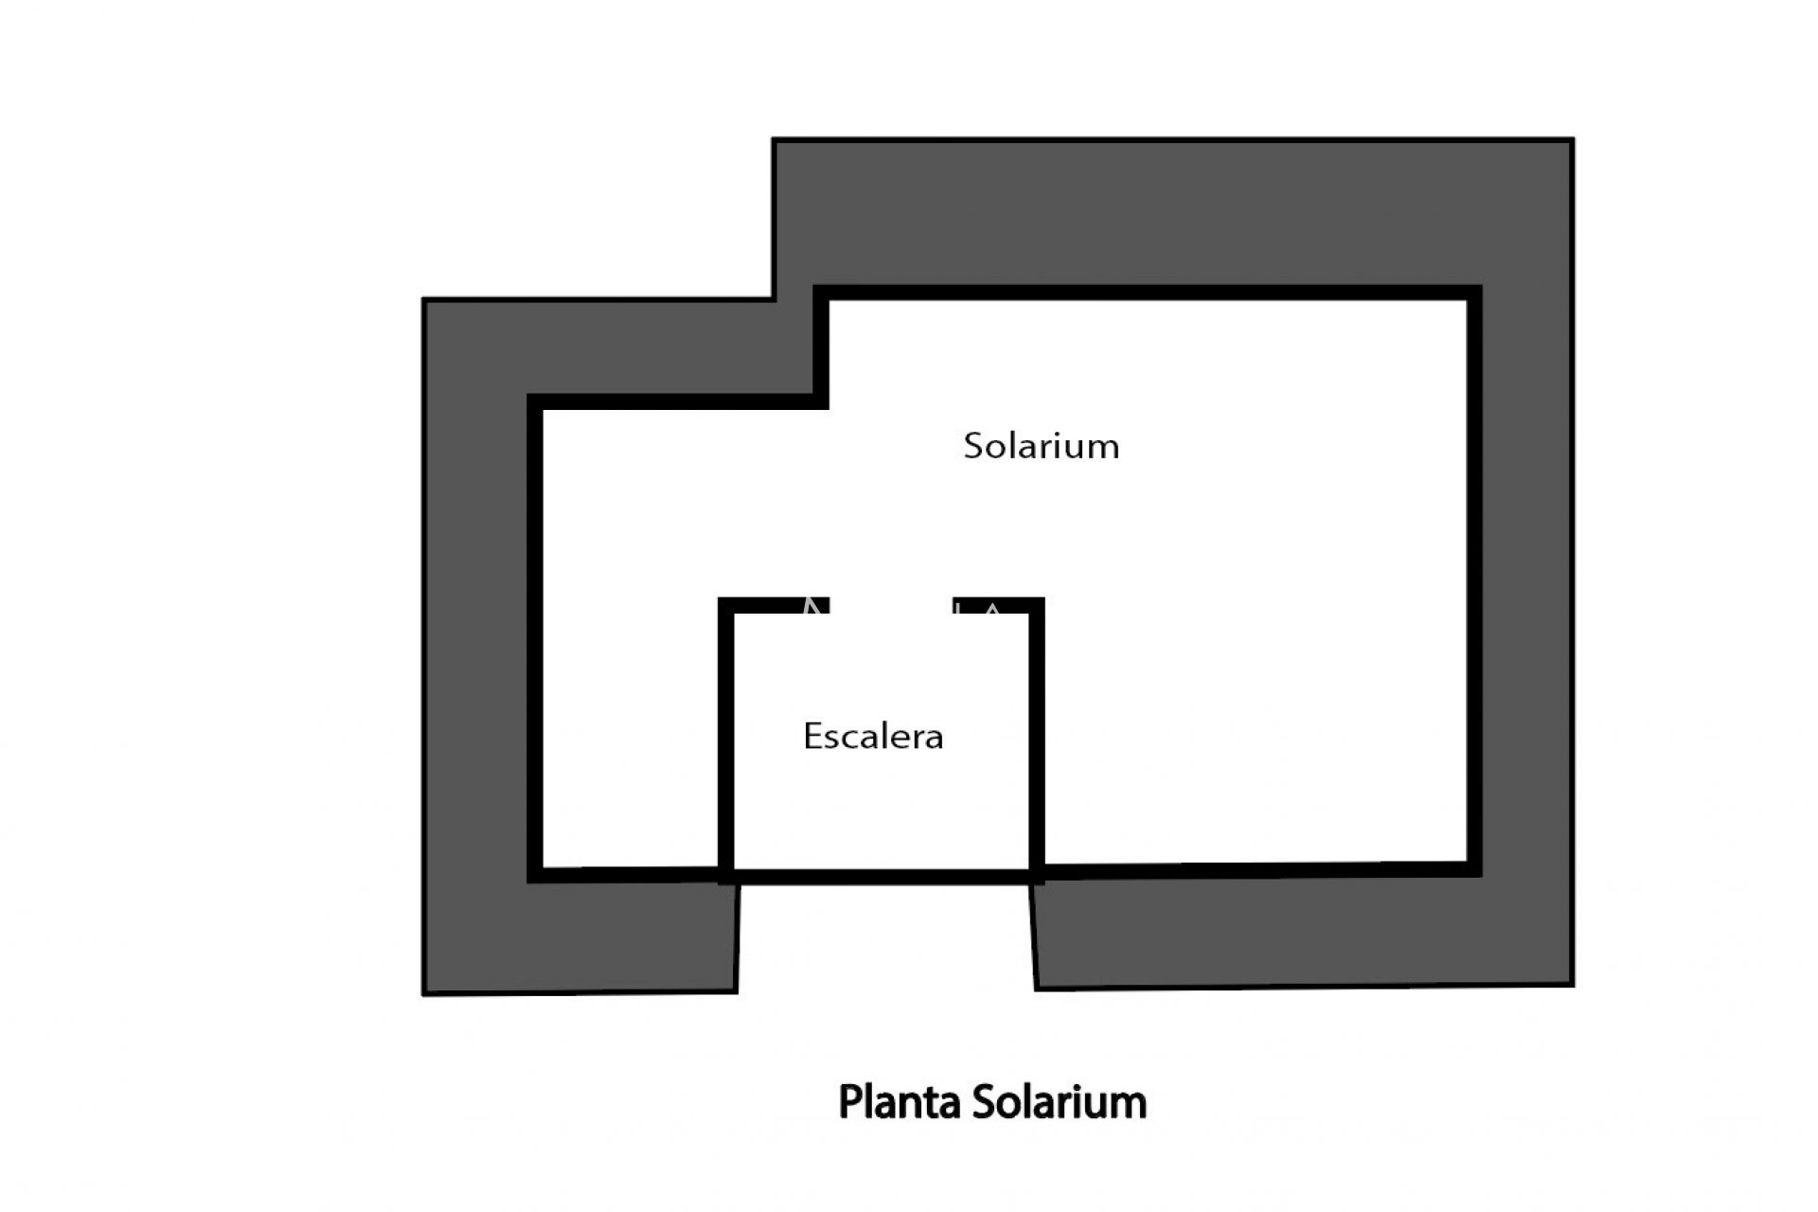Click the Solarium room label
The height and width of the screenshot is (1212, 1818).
point(1042,446)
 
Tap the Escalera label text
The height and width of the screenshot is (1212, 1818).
point(873,737)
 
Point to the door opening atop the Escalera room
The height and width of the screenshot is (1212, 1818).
point(891,605)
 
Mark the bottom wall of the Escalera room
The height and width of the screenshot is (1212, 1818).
point(882,878)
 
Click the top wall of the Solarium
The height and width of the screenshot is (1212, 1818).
point(1147,293)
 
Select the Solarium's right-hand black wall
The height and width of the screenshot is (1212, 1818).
point(1474,580)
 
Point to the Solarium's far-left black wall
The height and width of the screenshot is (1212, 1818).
point(535,638)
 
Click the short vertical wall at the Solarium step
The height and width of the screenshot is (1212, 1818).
point(821,348)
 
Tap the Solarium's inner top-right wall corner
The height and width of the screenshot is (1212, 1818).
point(1467,301)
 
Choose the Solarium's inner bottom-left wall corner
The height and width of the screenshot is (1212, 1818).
point(544,867)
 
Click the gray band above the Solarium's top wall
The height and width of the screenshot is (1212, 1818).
point(1172,212)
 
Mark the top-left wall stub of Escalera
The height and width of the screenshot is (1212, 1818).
point(774,605)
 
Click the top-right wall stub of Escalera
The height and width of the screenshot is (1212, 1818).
point(999,605)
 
